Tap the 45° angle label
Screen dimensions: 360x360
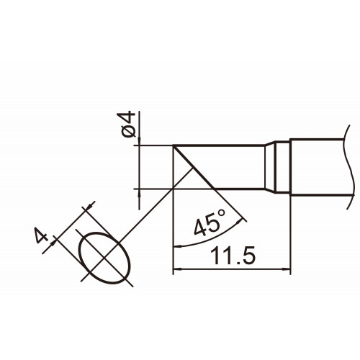tap(210, 223)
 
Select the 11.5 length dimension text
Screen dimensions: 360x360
tap(233, 256)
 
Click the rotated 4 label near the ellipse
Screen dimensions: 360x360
tap(41, 235)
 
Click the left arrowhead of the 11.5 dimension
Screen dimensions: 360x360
tap(177, 269)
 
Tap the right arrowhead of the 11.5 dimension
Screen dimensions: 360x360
tap(287, 269)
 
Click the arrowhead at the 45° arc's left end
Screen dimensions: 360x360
tap(177, 246)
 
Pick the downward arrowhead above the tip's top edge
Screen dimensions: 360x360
tap(140, 141)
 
